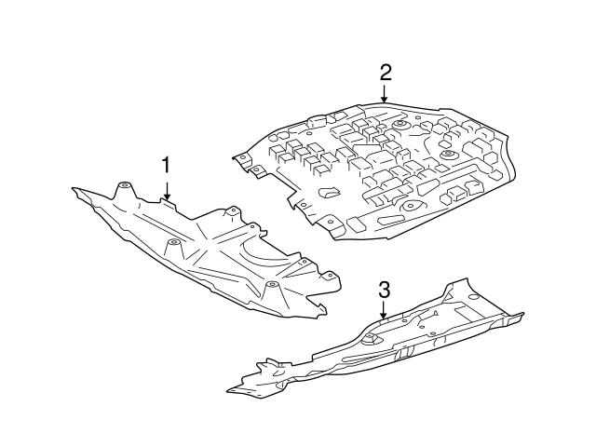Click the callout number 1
(167, 166)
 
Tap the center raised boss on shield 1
(172, 244)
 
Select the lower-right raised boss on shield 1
(271, 286)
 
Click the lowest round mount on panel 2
(410, 205)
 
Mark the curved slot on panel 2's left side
(328, 195)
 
